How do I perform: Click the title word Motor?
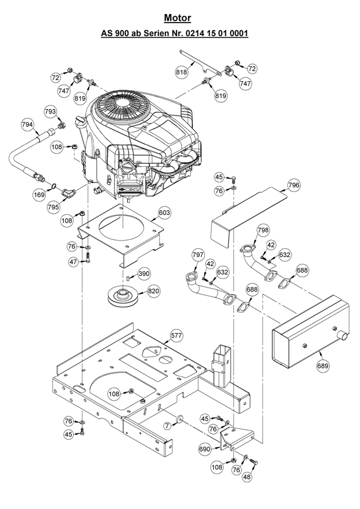177,19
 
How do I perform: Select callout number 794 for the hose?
27,124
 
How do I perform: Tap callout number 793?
51,111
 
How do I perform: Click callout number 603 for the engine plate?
164,213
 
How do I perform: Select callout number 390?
143,273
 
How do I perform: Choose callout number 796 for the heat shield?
294,186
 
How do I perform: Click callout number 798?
263,231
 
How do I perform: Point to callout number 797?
198,255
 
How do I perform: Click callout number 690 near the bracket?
204,449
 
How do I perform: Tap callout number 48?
248,476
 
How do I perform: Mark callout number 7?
167,426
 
